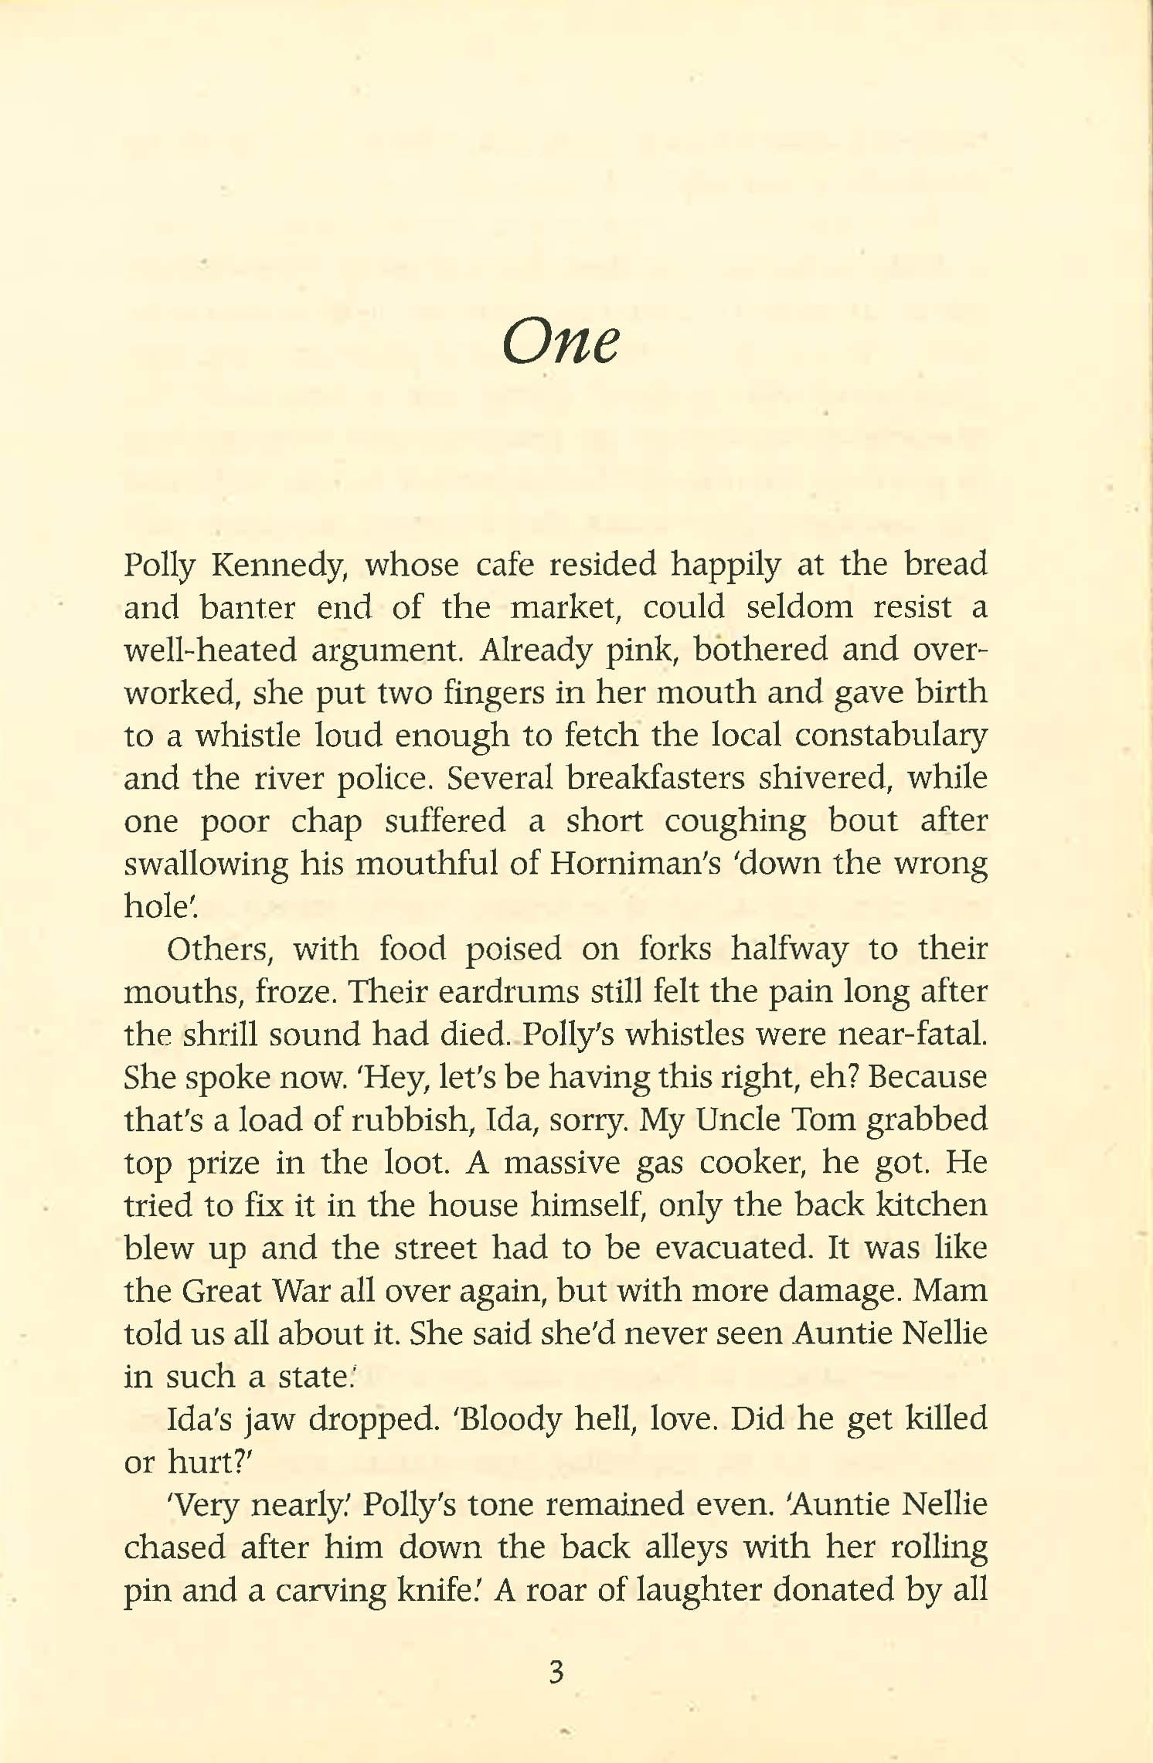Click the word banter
coord(247,607)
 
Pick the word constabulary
coord(891,735)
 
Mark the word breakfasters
coord(655,777)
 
